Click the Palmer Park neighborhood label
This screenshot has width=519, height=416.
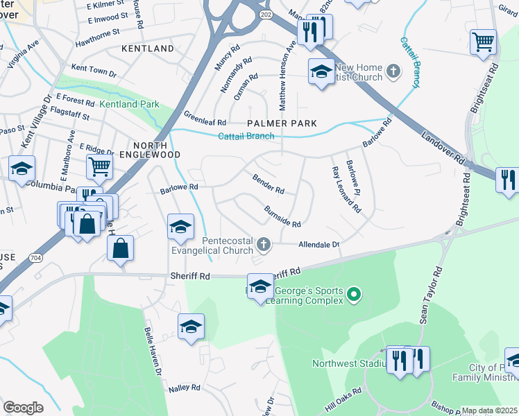point(282,123)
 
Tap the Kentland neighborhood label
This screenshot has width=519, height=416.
point(147,49)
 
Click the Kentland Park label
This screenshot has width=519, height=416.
point(129,105)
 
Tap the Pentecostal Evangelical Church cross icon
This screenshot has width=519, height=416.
point(263,243)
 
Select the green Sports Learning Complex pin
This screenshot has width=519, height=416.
point(354,295)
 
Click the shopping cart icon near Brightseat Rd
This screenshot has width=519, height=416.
point(483,40)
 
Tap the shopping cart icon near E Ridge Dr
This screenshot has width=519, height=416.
point(99,166)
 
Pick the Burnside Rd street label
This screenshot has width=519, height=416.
point(282,216)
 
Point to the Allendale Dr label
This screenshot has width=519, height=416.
point(318,245)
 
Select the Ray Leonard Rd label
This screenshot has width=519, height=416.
point(346,189)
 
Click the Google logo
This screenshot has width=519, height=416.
point(23,408)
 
